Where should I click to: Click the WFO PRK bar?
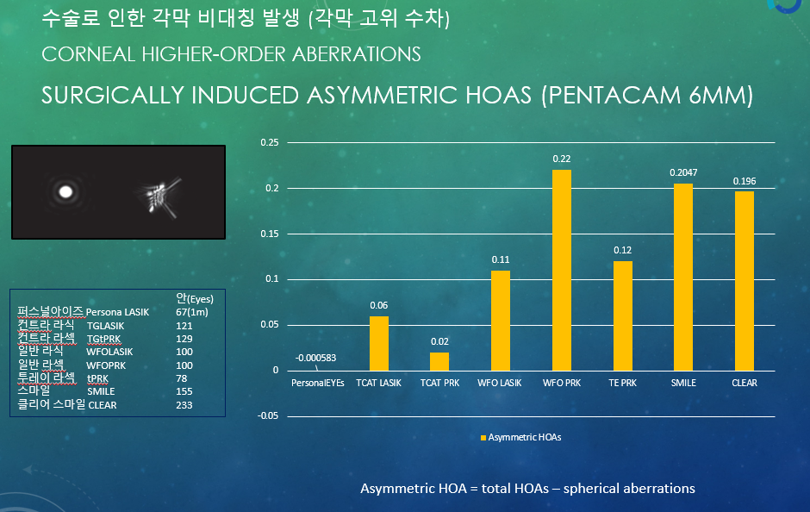(562, 270)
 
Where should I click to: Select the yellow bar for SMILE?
(683, 278)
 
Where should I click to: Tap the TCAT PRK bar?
(439, 362)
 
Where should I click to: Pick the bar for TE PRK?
(622, 316)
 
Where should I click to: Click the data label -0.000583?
(315, 358)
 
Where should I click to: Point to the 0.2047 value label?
(683, 172)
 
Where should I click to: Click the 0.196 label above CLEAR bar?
(745, 181)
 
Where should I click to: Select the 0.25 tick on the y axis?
(269, 142)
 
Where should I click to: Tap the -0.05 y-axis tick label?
(268, 416)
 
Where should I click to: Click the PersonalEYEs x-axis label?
(318, 383)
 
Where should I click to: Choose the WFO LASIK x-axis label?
(500, 383)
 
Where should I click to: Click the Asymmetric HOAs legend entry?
(520, 437)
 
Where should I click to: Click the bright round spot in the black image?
(65, 192)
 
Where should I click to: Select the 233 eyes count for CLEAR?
(184, 405)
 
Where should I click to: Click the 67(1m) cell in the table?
(191, 312)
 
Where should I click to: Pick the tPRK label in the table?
(97, 378)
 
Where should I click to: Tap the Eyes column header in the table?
(194, 298)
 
